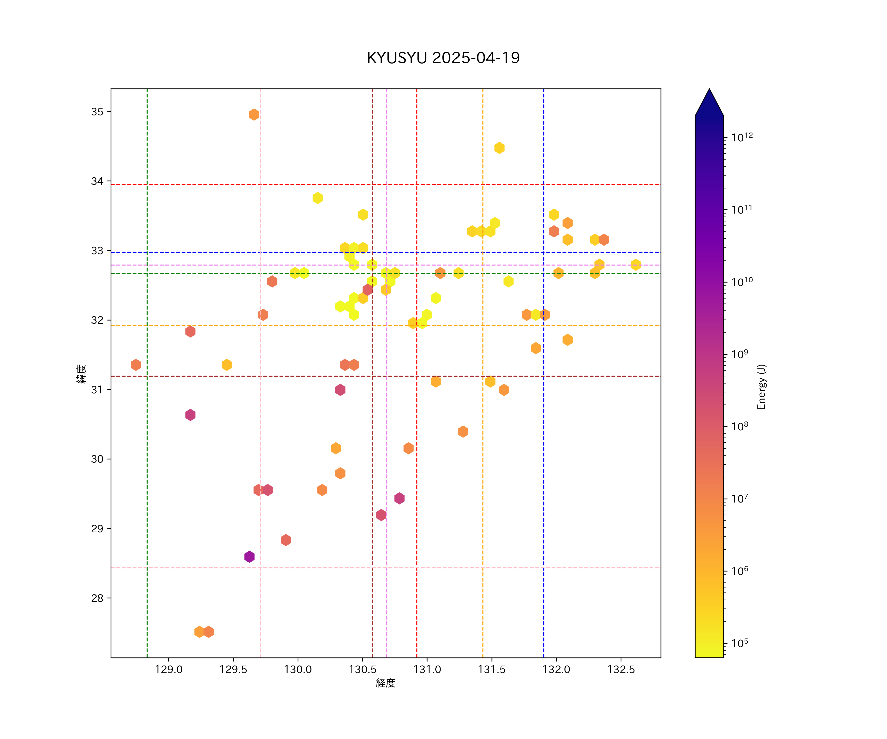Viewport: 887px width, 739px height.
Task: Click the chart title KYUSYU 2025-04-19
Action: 443,58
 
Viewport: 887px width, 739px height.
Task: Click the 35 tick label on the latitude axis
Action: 97,112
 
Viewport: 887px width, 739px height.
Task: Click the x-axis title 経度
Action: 385,683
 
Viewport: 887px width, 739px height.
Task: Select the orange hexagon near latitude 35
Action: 254,115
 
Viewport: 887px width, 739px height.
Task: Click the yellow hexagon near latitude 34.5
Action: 499,148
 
